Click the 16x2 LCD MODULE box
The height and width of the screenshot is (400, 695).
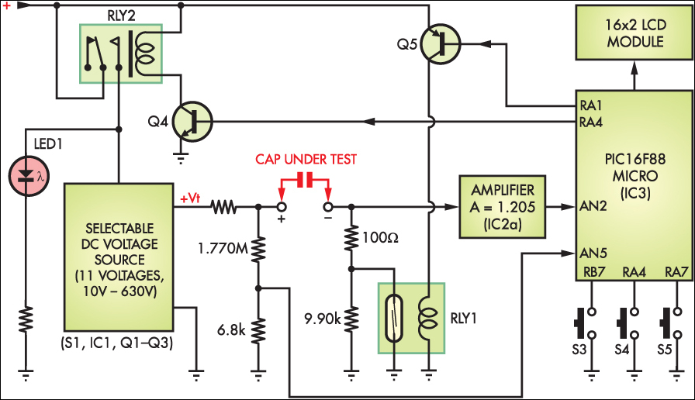pos(634,33)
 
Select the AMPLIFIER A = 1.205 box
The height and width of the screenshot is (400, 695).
pos(502,207)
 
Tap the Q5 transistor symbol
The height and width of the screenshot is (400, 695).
pos(440,43)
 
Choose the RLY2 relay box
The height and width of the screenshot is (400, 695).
pos(120,52)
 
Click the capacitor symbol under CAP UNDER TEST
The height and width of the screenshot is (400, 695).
pos(305,180)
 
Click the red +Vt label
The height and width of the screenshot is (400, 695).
pos(191,198)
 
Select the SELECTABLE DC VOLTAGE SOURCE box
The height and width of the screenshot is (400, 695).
pos(118,256)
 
